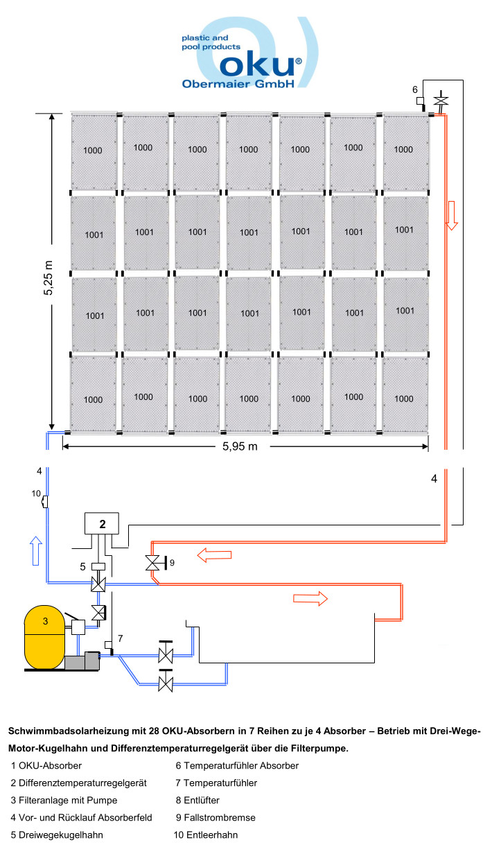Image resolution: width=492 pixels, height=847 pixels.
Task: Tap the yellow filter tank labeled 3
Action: coord(45,636)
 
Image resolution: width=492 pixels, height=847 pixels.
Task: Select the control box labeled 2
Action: coord(102,524)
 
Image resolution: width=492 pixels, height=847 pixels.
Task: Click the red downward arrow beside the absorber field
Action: coord(452,216)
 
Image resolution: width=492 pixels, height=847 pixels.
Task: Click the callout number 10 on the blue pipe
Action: coord(37,493)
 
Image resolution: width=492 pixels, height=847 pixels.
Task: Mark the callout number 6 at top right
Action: coord(414,89)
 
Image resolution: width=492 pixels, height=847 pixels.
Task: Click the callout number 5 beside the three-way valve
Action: coord(82,566)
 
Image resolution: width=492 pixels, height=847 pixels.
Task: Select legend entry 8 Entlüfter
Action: coord(197,800)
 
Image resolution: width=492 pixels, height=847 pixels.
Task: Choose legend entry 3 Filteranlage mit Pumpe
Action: coord(57,800)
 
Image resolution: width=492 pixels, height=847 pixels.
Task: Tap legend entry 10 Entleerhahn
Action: coord(206,835)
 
